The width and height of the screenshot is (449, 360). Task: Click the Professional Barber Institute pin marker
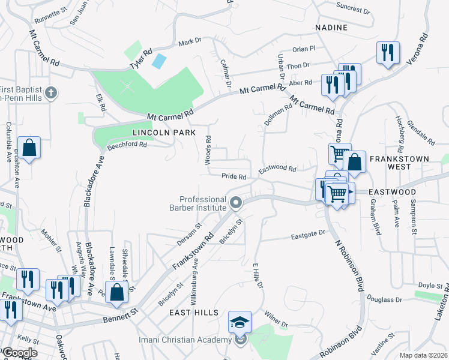tap(236, 203)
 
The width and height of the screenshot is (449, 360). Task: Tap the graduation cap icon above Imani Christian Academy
tap(240, 323)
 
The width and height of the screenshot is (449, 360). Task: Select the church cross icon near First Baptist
tap(52, 92)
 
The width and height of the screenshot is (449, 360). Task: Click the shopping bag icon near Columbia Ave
tap(29, 147)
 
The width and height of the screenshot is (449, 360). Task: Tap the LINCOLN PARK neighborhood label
tap(154, 132)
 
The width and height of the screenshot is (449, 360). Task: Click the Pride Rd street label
tap(234, 177)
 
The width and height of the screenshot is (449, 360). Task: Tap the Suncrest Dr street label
tap(353, 9)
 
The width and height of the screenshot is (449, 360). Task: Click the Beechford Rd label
tap(127, 145)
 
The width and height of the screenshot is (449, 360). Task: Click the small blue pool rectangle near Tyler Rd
tap(160, 61)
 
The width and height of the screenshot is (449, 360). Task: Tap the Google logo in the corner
tap(19, 353)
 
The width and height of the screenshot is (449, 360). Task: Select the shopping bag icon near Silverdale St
tap(118, 291)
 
